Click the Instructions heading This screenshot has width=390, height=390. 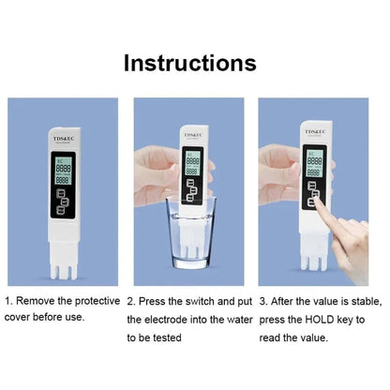pyautogui.click(x=190, y=63)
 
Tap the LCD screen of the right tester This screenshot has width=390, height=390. pyautogui.click(x=314, y=163)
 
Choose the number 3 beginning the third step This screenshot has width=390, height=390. pyautogui.click(x=262, y=301)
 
